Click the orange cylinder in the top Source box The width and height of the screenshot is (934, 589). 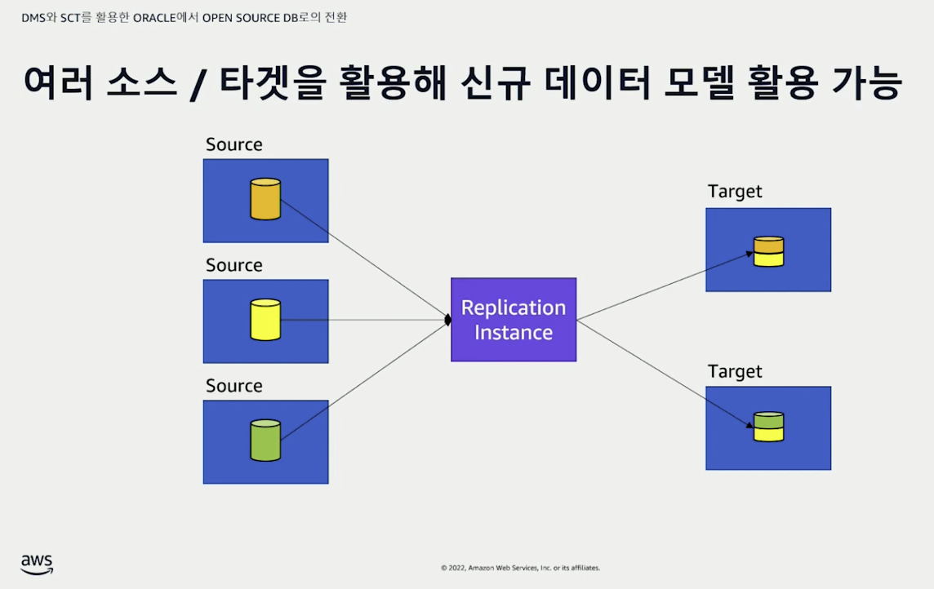coord(265,200)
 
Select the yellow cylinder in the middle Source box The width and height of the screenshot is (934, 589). coord(265,320)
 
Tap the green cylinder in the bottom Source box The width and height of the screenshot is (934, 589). coord(265,441)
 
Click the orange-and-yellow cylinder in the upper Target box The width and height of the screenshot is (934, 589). coord(768,251)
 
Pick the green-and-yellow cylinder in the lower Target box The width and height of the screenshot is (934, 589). coord(768,427)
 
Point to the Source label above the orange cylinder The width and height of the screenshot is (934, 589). coord(234,144)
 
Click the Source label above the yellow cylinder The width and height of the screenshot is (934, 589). coord(234,265)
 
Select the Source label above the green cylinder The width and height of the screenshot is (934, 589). coord(234,386)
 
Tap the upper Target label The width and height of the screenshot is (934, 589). coord(735,192)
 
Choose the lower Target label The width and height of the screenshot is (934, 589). coord(735,371)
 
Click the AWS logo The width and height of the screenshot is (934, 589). coord(37,564)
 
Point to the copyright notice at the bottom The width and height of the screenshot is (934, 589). coord(520,568)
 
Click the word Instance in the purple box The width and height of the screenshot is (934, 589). coord(514,333)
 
